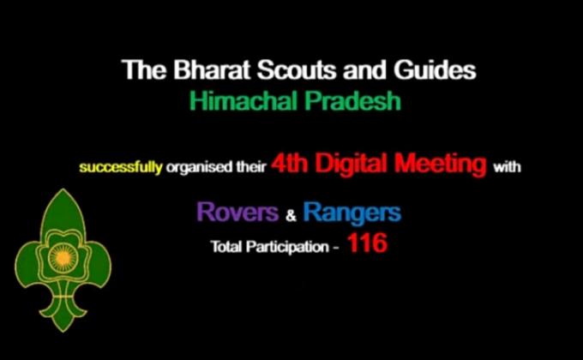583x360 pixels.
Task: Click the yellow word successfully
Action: (121, 167)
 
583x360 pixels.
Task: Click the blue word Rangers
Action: (352, 212)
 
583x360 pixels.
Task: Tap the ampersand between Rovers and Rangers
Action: (290, 214)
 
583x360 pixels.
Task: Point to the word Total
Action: (227, 247)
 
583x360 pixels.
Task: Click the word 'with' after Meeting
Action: (506, 167)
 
